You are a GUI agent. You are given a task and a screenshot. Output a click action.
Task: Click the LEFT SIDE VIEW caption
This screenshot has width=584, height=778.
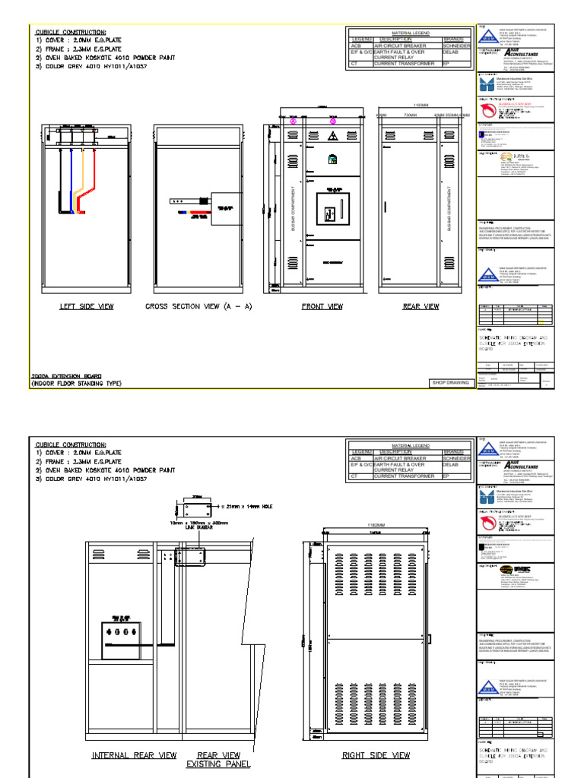87,307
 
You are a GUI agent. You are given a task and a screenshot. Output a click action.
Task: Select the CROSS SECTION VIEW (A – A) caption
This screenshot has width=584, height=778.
198,307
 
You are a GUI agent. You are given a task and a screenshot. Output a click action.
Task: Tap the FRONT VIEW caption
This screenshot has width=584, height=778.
323,307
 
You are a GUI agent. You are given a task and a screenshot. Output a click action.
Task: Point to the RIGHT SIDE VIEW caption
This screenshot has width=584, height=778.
376,755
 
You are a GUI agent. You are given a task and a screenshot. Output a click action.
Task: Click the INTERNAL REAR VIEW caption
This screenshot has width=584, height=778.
134,755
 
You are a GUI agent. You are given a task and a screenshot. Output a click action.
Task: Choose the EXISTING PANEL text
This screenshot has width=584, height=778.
218,764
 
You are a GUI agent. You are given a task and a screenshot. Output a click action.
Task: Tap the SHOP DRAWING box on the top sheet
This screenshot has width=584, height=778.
449,383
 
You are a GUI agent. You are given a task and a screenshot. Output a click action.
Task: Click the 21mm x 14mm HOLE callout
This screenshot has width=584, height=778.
247,506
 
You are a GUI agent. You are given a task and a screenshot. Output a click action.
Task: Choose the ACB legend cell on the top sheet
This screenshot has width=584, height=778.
355,46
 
